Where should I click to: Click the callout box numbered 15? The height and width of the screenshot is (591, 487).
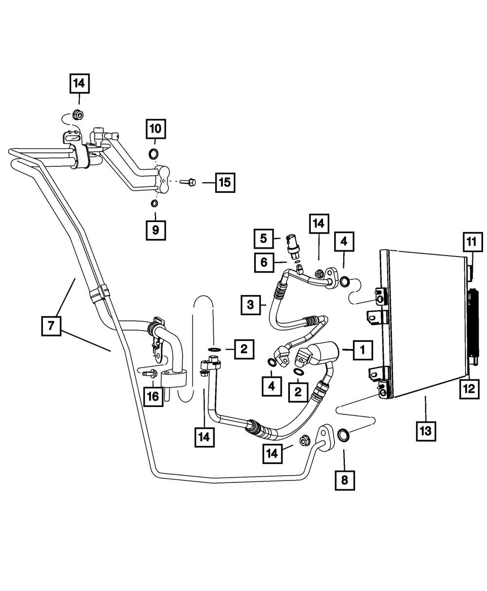click(225, 183)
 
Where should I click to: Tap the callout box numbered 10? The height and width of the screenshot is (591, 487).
click(155, 129)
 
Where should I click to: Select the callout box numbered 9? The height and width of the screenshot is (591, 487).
click(155, 230)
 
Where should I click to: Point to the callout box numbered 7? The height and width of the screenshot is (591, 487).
click(51, 326)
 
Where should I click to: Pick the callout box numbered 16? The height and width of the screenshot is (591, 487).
click(153, 397)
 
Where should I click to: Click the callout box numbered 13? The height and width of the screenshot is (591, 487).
click(426, 431)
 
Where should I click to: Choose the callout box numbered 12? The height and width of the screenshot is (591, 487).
click(469, 389)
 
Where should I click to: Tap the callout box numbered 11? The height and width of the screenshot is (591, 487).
click(473, 242)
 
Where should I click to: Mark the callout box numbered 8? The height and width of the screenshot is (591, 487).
click(345, 480)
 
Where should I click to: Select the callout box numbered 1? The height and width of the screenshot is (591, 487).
click(363, 350)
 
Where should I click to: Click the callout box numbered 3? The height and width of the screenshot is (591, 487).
click(251, 305)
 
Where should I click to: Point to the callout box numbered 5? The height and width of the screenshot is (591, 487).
click(263, 239)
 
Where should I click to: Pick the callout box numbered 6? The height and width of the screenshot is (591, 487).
click(264, 263)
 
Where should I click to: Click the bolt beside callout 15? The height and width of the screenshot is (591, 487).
click(188, 182)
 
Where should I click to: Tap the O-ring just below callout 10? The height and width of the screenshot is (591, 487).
click(154, 154)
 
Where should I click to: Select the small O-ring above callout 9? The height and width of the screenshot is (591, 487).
click(154, 203)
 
